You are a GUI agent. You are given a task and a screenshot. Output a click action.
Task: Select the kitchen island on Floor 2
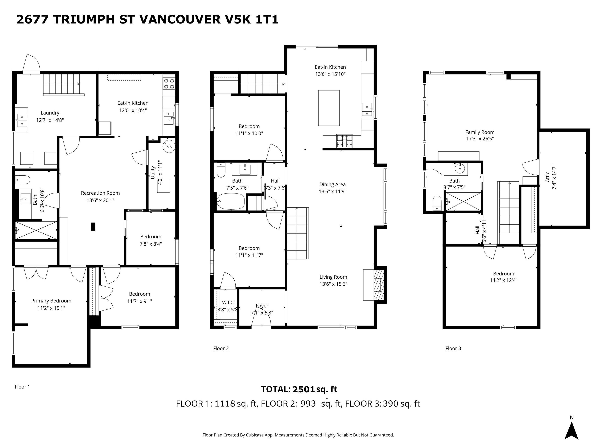(329, 108)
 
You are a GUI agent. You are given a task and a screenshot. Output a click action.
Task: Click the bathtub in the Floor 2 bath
(231, 201)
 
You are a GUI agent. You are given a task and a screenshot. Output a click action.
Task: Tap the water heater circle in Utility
(169, 146)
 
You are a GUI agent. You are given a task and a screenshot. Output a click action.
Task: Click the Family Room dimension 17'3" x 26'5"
(480, 139)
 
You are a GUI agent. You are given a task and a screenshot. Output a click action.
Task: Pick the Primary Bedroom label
(51, 301)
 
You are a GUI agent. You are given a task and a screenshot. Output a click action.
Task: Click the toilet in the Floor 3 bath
(437, 203)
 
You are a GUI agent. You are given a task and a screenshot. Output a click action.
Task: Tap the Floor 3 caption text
(453, 348)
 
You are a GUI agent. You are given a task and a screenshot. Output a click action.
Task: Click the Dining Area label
(333, 185)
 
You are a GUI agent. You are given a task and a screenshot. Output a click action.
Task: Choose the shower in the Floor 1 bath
(36, 230)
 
